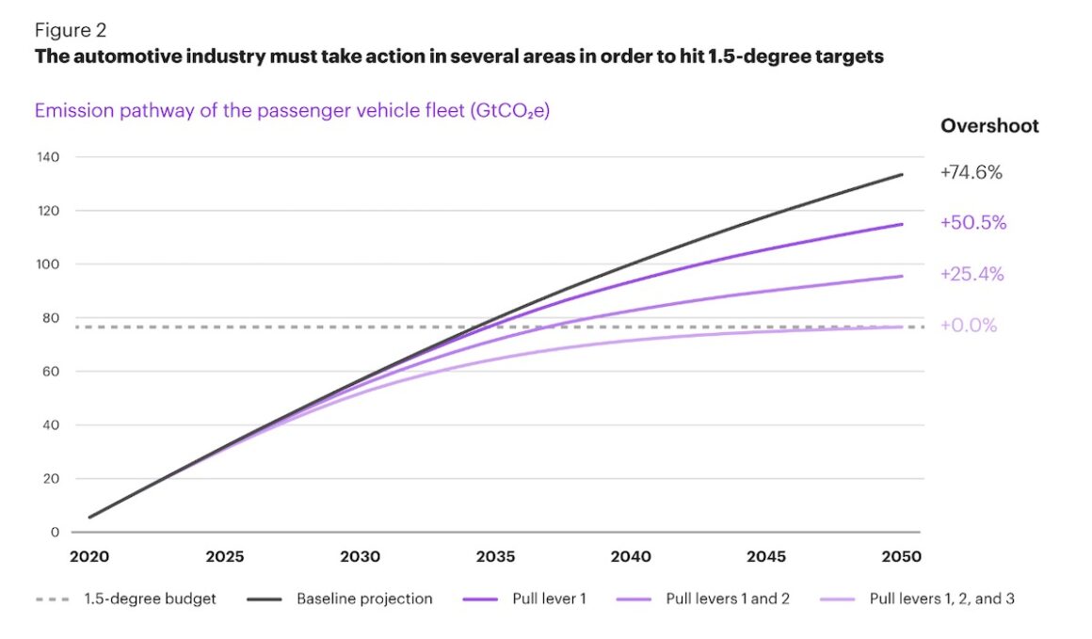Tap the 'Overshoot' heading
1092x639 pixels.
[989, 126]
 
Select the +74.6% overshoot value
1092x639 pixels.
[972, 172]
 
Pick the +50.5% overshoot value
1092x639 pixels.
[972, 223]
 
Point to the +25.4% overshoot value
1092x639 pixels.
[972, 275]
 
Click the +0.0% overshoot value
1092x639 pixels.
[969, 326]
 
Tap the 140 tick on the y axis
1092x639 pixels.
[48, 157]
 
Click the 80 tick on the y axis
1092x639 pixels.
[52, 318]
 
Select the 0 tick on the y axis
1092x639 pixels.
[56, 533]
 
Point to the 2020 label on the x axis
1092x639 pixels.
[89, 557]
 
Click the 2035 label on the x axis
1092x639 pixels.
[495, 557]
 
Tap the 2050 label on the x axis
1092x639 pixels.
[902, 557]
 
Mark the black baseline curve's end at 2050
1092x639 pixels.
[902, 175]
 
